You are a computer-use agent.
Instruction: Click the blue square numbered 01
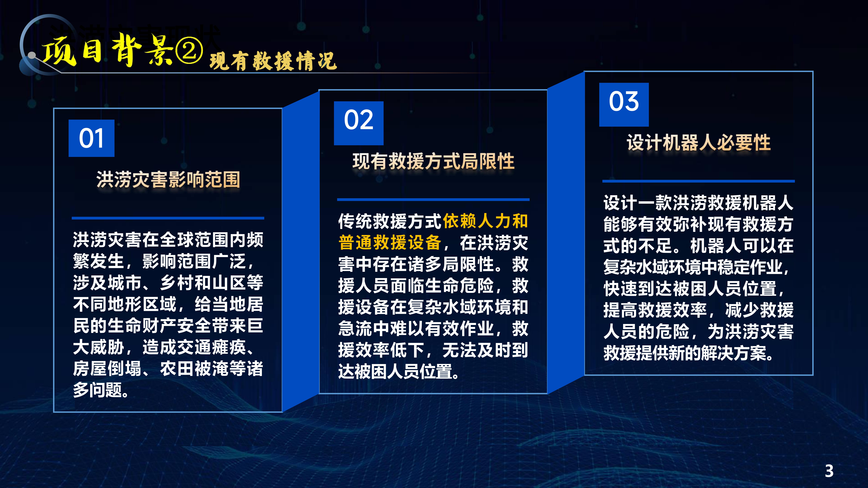[x=91, y=138]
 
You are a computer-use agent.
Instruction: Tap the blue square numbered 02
[x=359, y=123]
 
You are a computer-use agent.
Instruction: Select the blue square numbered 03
[x=624, y=104]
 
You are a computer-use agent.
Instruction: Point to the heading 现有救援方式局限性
[x=433, y=161]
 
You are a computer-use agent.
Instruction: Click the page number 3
[x=829, y=471]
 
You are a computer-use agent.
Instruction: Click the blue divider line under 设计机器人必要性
[x=698, y=181]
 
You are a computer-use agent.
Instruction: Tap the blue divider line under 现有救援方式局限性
[x=433, y=200]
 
